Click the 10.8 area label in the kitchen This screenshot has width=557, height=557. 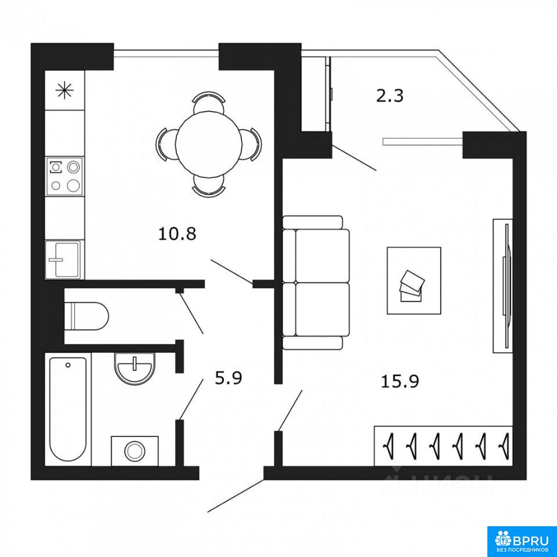tap(177, 234)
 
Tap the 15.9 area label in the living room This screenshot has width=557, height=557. tap(400, 382)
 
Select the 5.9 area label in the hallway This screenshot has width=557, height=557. tap(229, 378)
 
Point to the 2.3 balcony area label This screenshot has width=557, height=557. tap(390, 96)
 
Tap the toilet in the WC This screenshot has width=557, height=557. tap(86, 316)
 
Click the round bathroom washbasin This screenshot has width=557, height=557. tap(135, 368)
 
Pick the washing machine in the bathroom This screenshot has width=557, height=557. tap(135, 451)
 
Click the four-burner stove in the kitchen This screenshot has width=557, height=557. tap(64, 176)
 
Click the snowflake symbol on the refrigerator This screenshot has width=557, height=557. tap(64, 90)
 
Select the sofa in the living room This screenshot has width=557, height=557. tap(316, 283)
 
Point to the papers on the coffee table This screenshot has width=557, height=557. tap(412, 286)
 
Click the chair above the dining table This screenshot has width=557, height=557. tap(209, 102)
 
